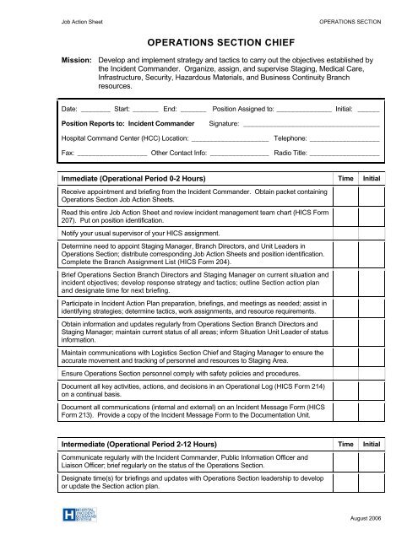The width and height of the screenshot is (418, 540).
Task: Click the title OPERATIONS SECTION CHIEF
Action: pos(209,40)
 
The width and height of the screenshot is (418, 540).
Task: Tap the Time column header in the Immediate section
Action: pos(345,181)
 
